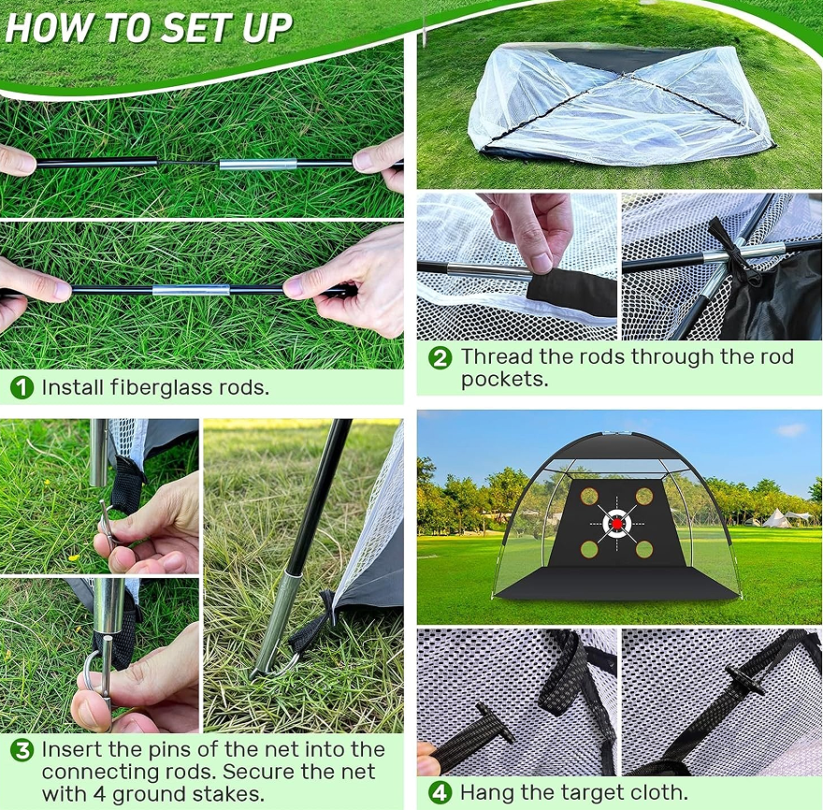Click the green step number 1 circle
coord(22,387)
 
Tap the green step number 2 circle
coord(440,358)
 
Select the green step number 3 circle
coord(22,750)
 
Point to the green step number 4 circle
coord(440,792)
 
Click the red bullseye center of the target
coord(617,523)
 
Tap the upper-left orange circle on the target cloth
coord(589,496)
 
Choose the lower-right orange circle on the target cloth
coord(644,549)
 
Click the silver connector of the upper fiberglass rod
coord(258,164)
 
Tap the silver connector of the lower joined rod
coord(192,290)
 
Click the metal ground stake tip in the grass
coord(255,674)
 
